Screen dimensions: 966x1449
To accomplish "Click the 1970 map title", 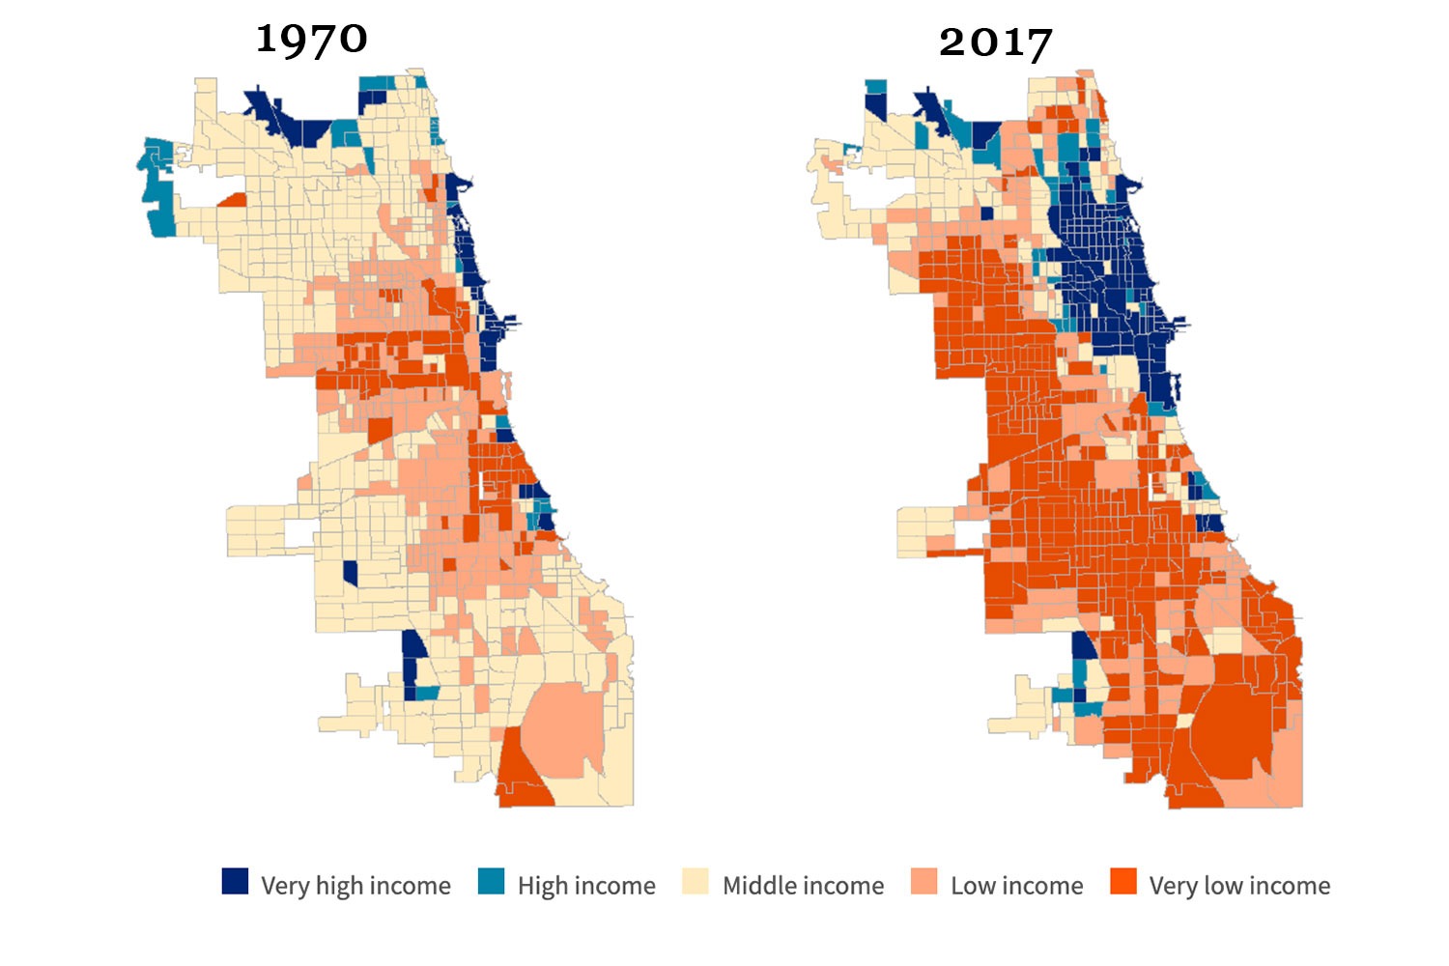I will pos(312,40).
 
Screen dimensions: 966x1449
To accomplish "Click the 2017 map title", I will pos(995,43).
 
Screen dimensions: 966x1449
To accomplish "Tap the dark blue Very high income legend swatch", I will pos(235,881).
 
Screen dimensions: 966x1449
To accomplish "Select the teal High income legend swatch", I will pos(492,881).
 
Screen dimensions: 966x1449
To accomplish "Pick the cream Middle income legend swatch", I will pos(696,881).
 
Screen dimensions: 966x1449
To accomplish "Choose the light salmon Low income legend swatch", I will pos(923,881).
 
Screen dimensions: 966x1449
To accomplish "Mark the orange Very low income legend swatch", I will pos(1122,881).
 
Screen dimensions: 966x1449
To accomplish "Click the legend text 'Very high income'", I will pos(355,886).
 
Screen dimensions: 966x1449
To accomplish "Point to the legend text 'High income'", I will pos(586,886).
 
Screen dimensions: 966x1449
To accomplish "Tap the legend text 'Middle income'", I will pos(803,886).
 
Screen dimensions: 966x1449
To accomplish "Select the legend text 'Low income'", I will pos(1016,886).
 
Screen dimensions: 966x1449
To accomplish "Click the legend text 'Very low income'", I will pos(1239,886).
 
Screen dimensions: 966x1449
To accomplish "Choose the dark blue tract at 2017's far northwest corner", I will pos(875,104).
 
